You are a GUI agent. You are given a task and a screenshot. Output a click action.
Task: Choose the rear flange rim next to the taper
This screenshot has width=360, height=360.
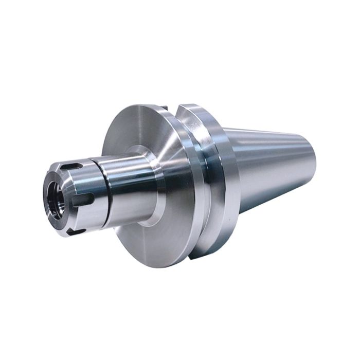(x=224, y=170)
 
